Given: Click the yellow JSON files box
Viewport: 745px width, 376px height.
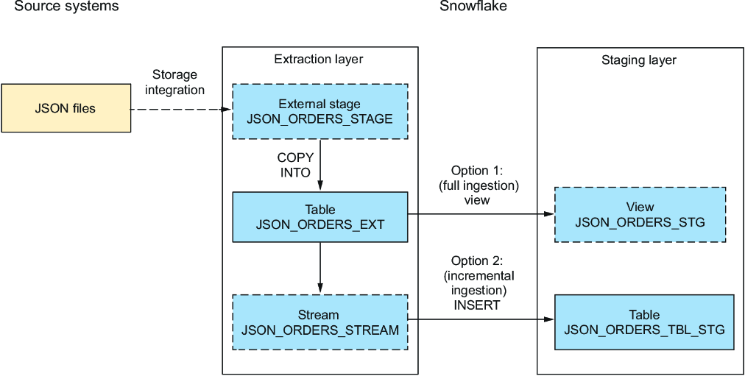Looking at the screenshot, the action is (x=66, y=108).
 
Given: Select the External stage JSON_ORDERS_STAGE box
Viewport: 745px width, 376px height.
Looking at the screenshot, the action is (x=319, y=112).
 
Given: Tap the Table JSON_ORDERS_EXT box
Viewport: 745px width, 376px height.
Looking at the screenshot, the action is (x=319, y=216).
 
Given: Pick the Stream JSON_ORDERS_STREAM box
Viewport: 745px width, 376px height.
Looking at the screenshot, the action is (x=319, y=322).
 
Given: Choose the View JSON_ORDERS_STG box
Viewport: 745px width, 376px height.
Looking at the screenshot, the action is (x=640, y=214).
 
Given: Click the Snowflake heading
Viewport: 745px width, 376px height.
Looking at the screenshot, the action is (x=472, y=6).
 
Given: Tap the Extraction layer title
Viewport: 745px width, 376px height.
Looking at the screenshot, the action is (x=319, y=60).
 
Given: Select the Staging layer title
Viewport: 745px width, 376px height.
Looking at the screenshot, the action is (x=639, y=60).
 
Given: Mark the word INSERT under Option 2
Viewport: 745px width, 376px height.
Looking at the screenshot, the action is (x=476, y=305).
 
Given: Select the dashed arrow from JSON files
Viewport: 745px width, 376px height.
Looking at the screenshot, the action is (x=181, y=109).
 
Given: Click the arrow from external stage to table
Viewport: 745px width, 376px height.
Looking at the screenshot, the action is (x=319, y=166).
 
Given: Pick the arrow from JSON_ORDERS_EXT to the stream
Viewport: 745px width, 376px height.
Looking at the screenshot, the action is (x=319, y=268).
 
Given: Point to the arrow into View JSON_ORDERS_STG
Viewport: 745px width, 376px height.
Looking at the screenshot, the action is (x=481, y=214).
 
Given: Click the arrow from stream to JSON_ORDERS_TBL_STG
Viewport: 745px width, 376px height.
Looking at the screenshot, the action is (x=481, y=319).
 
